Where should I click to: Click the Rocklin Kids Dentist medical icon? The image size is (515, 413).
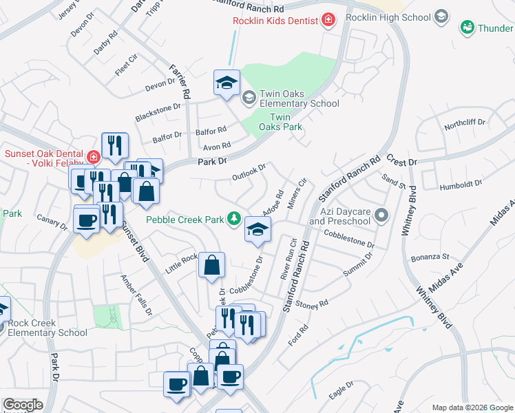tap(328, 20)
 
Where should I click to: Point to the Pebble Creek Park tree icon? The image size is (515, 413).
tap(235, 219)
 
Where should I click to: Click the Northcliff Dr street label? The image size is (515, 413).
tap(465, 124)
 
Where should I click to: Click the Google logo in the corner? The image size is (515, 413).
tap(23, 405)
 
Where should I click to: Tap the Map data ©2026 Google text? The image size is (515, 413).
tap(472, 407)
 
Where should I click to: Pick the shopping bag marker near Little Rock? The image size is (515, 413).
tap(212, 265)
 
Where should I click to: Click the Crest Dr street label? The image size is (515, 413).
tap(402, 161)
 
